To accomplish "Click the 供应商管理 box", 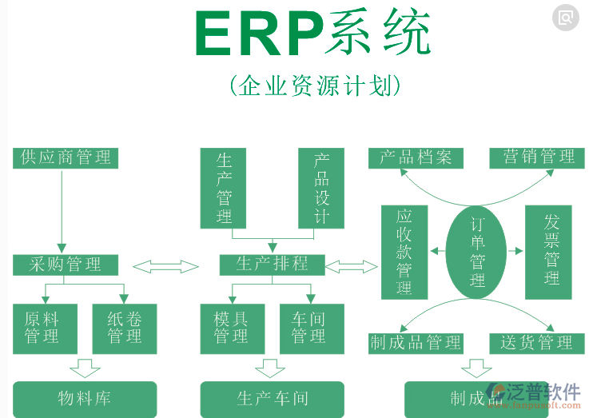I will tap(66, 157).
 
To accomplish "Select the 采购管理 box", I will tap(66, 265).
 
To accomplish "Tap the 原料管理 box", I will tap(45, 328).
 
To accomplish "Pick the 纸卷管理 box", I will tap(125, 328).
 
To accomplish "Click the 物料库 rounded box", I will tap(84, 399).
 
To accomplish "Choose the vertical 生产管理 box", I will tap(223, 188).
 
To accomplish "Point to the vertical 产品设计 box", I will tap(321, 188).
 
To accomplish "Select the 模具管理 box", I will tap(231, 328).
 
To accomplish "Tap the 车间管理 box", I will tap(312, 328).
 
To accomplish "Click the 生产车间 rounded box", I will tap(272, 399).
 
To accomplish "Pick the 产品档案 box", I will tap(416, 157).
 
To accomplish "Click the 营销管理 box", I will tap(539, 157).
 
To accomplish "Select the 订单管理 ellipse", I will tap(477, 252).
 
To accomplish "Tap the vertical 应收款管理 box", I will tap(404, 252).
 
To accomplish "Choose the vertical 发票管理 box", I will tap(552, 252).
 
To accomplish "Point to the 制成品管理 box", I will tap(416, 344).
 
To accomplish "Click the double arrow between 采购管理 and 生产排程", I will tap(165, 266).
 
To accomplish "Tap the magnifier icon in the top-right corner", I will tap(566, 17).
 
